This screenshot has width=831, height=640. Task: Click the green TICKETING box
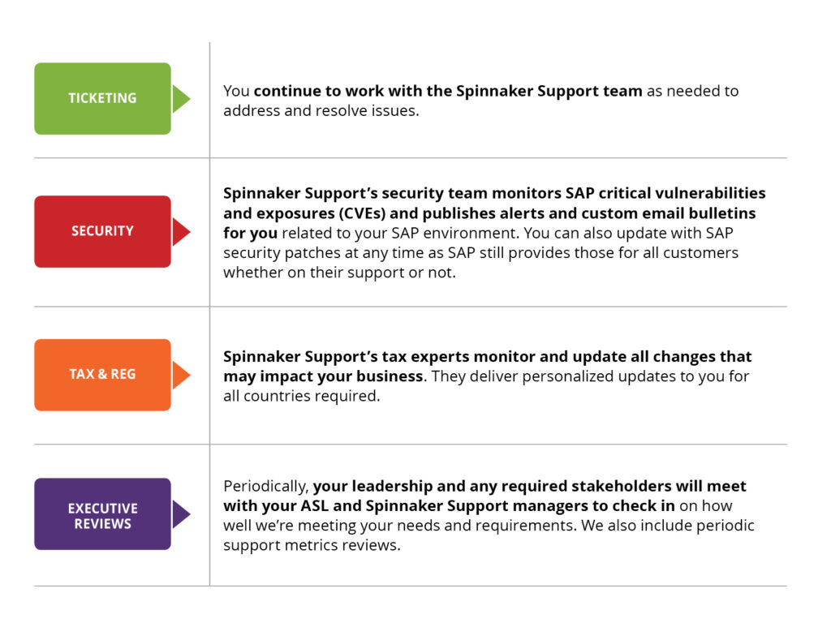point(102,98)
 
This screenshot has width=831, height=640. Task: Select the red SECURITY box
point(102,231)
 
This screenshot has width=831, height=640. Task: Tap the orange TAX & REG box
point(102,375)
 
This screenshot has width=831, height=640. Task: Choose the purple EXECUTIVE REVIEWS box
point(102,514)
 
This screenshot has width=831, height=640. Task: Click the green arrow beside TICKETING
point(181,98)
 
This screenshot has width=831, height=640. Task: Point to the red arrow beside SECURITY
point(181,231)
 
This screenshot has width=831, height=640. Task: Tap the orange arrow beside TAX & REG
point(181,375)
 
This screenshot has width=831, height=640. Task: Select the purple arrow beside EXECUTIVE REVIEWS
point(181,514)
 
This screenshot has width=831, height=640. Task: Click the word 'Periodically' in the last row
point(265,487)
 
